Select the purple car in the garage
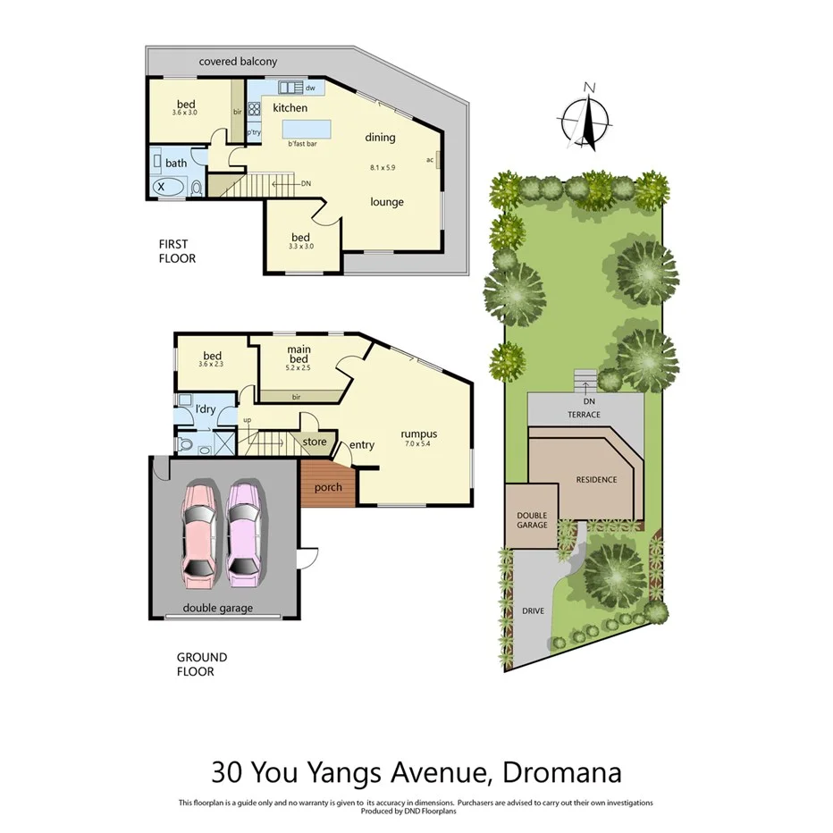click(244, 534)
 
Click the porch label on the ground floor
click(328, 487)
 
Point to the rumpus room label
click(418, 435)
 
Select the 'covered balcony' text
click(238, 62)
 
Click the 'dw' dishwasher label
click(310, 88)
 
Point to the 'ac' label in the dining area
click(430, 160)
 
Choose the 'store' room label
click(315, 442)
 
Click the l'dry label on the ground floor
click(206, 410)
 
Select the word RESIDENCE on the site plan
click(596, 480)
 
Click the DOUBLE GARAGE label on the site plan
click(532, 520)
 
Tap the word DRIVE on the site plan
click(533, 612)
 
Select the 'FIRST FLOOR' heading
click(176, 250)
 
